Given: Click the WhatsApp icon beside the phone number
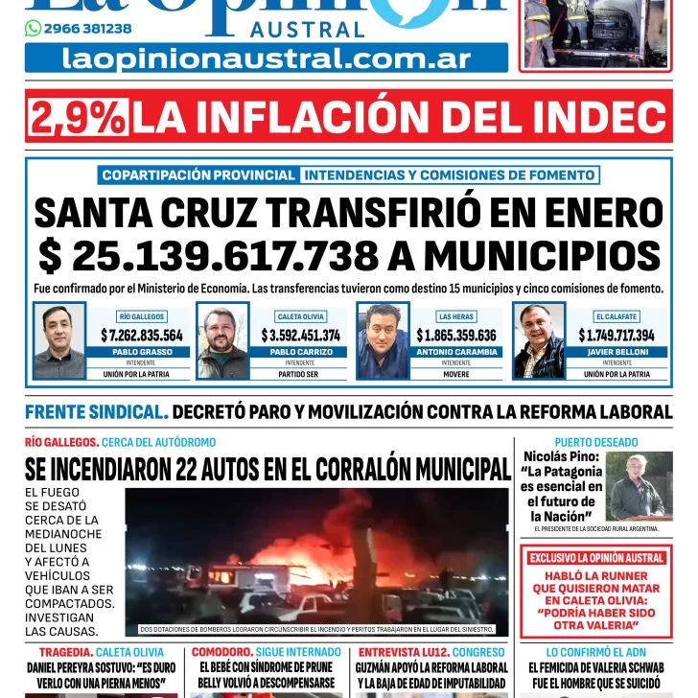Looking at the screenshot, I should pos(34,29).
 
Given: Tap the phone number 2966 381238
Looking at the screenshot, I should pos(87,29).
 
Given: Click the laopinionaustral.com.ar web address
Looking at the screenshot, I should pos(267,58).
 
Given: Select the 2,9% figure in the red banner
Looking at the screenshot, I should pos(80,117).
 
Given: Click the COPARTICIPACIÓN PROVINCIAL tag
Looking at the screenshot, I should pos(198,175).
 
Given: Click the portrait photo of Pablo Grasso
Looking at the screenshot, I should pos(59,341).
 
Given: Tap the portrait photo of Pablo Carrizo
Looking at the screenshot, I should pos(222,341).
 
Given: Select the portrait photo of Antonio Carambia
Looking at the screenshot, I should pos(384,341).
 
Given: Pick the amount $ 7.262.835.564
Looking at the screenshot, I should pos(142,336).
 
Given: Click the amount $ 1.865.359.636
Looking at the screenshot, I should pos(456,336).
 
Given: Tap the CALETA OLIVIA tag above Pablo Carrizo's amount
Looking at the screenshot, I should pos(300,316).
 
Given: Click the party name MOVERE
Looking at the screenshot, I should pos(456,374).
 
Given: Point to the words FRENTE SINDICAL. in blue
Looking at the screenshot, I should pos(97,412).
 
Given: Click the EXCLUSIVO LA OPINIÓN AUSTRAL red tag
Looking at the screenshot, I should pos(596,558).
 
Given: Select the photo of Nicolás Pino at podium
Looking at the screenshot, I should pos(638,486).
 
